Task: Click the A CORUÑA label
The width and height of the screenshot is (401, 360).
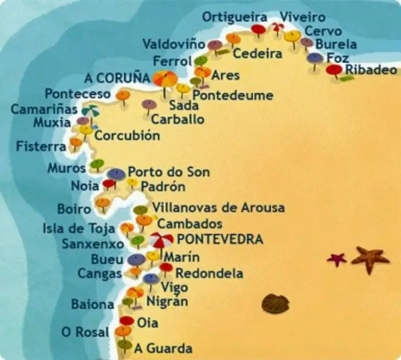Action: (x=118, y=77)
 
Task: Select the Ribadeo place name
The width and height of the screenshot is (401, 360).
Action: (x=371, y=70)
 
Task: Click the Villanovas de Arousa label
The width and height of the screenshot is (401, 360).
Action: (x=218, y=208)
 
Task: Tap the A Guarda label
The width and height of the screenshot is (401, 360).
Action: (x=163, y=348)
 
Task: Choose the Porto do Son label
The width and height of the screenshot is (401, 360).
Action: (x=169, y=172)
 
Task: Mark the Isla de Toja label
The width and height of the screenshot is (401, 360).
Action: (x=79, y=228)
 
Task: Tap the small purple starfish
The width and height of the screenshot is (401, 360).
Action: (x=336, y=259)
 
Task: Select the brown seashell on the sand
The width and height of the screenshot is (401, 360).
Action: (x=275, y=304)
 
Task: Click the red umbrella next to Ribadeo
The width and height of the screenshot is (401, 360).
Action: (x=334, y=70)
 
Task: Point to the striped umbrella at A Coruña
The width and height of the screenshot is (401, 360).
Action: (x=165, y=79)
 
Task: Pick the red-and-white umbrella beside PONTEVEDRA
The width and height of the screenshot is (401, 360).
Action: (x=161, y=240)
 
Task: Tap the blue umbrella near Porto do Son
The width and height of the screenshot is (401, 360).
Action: (x=116, y=174)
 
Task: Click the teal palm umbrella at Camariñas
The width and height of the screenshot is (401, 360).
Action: (x=91, y=111)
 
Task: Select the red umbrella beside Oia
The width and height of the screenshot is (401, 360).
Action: (x=126, y=320)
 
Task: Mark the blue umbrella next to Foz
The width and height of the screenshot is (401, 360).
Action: (x=315, y=57)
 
